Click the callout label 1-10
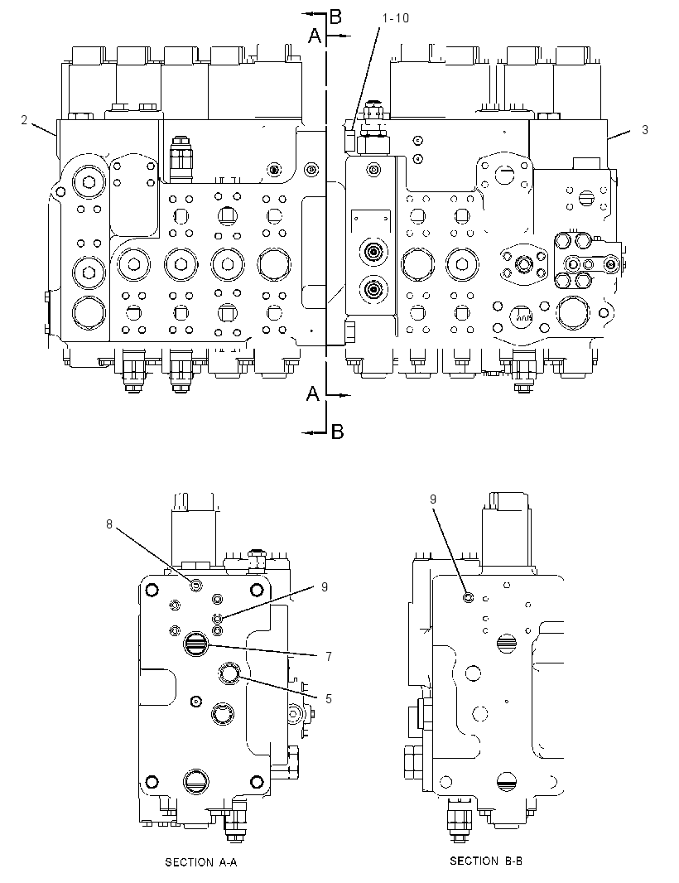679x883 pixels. (395, 18)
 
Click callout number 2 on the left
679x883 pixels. (24, 120)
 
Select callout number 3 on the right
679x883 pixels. (645, 129)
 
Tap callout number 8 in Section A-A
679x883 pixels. (109, 524)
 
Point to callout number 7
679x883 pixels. (328, 656)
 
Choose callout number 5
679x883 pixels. (328, 698)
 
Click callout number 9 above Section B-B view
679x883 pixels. (433, 499)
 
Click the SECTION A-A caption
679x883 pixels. (201, 862)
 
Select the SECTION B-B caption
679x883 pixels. (486, 861)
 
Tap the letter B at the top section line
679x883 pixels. (335, 17)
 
